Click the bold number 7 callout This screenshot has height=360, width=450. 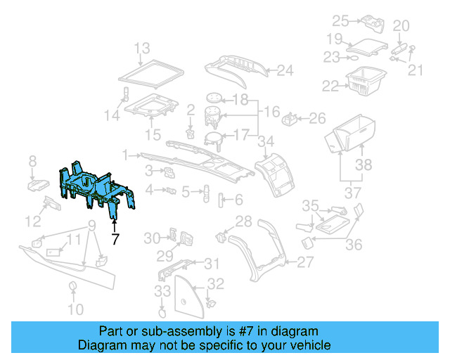tap(115, 239)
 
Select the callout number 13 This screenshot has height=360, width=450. tap(142, 49)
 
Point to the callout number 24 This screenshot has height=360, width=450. tap(284, 70)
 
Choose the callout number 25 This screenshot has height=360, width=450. tap(340, 20)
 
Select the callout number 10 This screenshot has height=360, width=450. tap(75, 309)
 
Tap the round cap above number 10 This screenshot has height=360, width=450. tap(72, 285)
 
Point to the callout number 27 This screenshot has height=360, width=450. tap(304, 262)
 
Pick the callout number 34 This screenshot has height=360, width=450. tap(265, 142)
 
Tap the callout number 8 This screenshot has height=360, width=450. tap(32, 163)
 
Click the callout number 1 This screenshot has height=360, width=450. tap(124, 154)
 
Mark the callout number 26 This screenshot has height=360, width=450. tap(318, 117)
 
